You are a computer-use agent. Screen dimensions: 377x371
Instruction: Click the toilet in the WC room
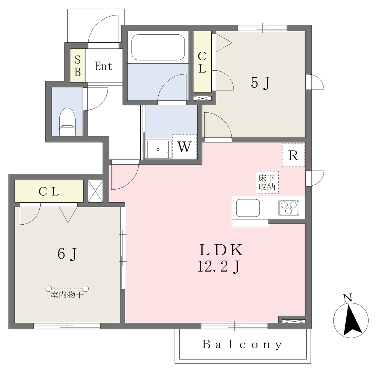(67, 122)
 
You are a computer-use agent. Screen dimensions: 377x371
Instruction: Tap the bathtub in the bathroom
(158, 47)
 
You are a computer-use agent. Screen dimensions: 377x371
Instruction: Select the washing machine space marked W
(184, 147)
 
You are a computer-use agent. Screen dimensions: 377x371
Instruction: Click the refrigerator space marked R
(293, 155)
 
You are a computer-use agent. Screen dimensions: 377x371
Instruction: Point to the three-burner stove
(289, 208)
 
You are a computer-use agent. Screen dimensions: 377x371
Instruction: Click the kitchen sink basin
(248, 208)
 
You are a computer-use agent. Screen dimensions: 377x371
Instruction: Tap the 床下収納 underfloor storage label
(267, 183)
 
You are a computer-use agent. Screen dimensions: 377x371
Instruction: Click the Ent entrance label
(103, 66)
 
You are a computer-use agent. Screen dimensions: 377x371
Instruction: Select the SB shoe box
(77, 66)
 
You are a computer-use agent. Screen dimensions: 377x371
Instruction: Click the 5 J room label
(261, 83)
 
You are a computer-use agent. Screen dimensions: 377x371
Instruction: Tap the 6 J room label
(67, 253)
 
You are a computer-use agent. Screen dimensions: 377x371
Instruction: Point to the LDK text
(221, 250)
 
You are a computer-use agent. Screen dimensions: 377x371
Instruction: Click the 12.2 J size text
(219, 267)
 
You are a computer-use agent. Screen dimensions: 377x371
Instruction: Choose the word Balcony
(242, 344)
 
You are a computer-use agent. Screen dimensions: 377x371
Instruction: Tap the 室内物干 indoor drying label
(67, 295)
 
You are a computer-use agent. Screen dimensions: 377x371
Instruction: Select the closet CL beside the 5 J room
(202, 62)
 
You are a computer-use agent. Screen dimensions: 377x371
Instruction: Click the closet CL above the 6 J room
(49, 191)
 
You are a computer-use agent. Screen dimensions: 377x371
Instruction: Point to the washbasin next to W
(158, 149)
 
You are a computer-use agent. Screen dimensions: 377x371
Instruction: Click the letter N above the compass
(348, 298)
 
